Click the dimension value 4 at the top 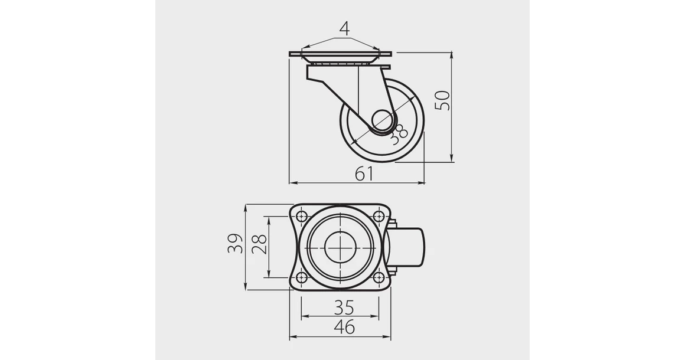pyautogui.click(x=344, y=28)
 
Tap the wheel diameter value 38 pyautogui.click(x=398, y=133)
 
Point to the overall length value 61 pyautogui.click(x=364, y=174)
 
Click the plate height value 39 pyautogui.click(x=235, y=244)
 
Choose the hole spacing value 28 pyautogui.click(x=259, y=245)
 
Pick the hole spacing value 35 pyautogui.click(x=344, y=307)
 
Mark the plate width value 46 pyautogui.click(x=344, y=328)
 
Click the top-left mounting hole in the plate pyautogui.click(x=301, y=215)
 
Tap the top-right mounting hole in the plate pyautogui.click(x=379, y=215)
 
